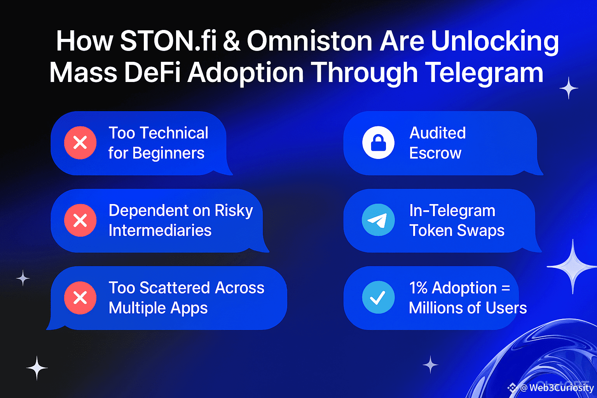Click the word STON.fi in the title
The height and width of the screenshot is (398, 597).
(x=168, y=41)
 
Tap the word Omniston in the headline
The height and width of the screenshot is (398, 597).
(x=309, y=41)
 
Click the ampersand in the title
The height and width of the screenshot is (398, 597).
(x=231, y=41)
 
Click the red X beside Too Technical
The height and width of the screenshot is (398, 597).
(x=80, y=143)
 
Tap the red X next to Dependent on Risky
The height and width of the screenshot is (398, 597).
(x=80, y=220)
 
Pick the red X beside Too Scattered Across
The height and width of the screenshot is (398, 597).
(x=80, y=298)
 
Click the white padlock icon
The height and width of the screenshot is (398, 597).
(x=378, y=143)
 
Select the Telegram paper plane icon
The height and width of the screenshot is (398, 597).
(x=378, y=220)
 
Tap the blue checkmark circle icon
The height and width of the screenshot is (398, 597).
(x=378, y=297)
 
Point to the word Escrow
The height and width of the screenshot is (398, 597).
(x=435, y=153)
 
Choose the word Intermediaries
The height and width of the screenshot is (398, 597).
(x=160, y=230)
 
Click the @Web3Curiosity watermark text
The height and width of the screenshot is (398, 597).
(x=557, y=388)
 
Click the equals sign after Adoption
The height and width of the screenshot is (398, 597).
(x=506, y=288)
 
